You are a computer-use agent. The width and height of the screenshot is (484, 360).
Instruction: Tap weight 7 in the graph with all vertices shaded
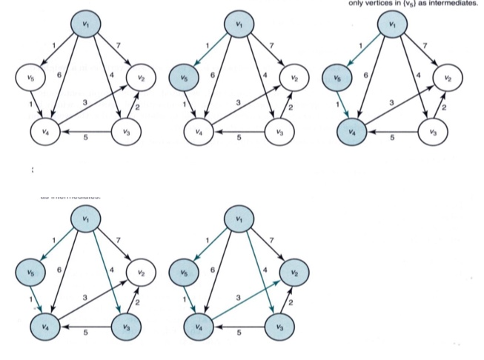[x=272, y=240]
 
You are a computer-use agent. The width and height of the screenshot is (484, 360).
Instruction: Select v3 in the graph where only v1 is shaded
[x=125, y=133]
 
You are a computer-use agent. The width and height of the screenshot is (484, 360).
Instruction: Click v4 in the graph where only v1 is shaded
[x=46, y=133]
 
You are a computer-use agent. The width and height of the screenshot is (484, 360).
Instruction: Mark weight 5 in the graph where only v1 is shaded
[x=86, y=138]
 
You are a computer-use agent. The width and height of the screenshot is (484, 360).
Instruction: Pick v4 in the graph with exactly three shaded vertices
[x=351, y=133]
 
